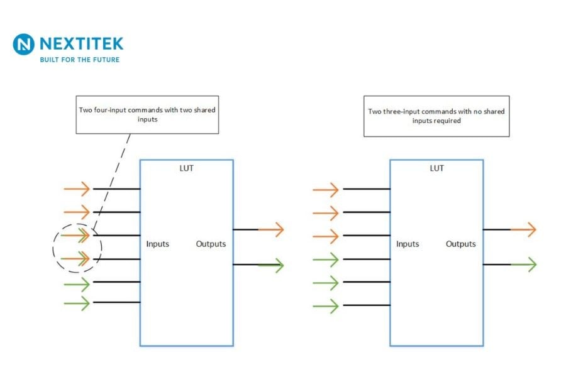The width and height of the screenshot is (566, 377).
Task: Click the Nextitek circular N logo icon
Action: tap(24, 45)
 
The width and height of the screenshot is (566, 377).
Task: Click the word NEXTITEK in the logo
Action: tap(81, 43)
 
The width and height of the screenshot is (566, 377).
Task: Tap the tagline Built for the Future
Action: tap(79, 60)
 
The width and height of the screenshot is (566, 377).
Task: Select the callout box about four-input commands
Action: tap(148, 114)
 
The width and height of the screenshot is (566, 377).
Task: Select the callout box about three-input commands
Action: tap(436, 116)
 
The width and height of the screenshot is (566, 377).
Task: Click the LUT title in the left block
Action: tap(186, 168)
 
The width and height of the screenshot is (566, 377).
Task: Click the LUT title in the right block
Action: tap(436, 168)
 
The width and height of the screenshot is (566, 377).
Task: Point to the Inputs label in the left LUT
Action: tap(158, 243)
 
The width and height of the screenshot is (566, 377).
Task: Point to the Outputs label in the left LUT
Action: tap(211, 244)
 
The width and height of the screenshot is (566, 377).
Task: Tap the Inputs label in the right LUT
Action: tap(408, 244)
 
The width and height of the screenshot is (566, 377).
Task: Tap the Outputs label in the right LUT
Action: tap(461, 244)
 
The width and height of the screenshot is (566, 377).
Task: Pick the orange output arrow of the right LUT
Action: tap(523, 229)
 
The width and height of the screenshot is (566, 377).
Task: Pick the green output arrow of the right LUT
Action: tap(523, 265)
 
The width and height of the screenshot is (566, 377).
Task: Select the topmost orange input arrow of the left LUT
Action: tap(77, 188)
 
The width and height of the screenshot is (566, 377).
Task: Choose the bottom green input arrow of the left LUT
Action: tap(77, 303)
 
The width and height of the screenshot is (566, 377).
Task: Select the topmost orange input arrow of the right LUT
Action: tap(326, 188)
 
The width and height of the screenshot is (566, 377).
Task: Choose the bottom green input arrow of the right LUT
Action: tap(326, 306)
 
